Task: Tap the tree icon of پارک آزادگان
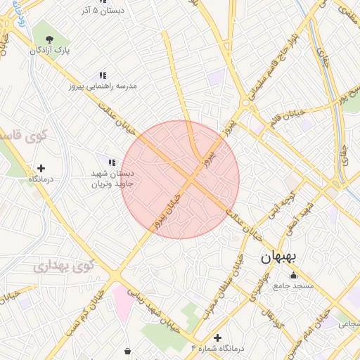(x=48, y=39)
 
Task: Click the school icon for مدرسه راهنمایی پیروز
(x=103, y=75)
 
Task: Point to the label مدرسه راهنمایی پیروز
(x=103, y=86)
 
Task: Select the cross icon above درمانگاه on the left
(x=41, y=168)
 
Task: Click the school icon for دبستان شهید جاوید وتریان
(x=112, y=162)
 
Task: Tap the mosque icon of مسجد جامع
(x=293, y=275)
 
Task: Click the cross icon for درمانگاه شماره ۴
(x=217, y=337)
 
